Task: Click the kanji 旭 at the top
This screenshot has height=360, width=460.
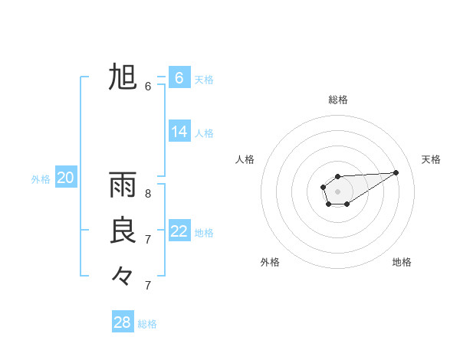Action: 123,77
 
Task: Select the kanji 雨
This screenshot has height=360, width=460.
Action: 123,185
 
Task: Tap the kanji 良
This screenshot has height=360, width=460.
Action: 123,231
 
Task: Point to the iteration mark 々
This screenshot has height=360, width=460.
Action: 123,275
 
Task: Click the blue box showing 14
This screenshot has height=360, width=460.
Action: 179,132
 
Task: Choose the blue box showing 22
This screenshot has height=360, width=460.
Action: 179,231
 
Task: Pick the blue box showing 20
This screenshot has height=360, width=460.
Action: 65,178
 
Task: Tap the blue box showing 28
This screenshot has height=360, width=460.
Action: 123,322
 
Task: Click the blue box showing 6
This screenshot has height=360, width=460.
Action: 179,78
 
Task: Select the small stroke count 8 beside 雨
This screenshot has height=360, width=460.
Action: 148,194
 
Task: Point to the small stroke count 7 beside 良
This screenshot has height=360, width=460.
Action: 148,240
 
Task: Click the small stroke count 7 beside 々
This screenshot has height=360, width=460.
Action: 148,286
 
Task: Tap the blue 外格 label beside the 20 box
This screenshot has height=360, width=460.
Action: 41,179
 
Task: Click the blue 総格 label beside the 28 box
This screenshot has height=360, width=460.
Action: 147,324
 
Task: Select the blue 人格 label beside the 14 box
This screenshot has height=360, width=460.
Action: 204,133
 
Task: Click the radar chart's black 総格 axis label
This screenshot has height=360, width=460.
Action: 338,100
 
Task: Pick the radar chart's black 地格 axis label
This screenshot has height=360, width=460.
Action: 402,263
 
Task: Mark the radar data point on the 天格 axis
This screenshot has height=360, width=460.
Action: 396,172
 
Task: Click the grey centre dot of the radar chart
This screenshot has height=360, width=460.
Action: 337,191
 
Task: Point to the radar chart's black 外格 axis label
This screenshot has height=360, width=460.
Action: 270,263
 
